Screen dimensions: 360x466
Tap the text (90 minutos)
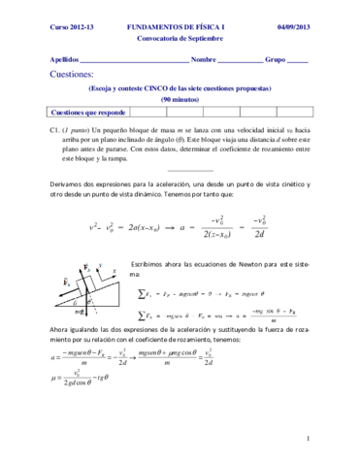[x=180, y=99]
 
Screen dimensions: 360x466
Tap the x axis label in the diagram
[x=114, y=269]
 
